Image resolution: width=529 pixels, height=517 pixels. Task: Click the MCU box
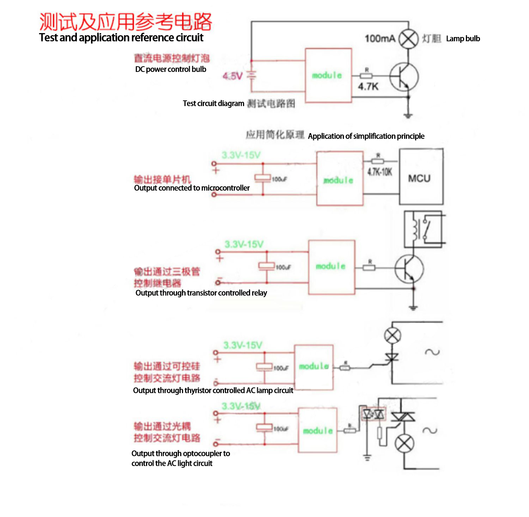tap(421, 177)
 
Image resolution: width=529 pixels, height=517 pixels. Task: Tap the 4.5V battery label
tap(232, 76)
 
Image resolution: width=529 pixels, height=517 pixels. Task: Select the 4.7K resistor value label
tap(368, 86)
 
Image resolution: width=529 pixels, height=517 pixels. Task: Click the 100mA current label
tap(379, 38)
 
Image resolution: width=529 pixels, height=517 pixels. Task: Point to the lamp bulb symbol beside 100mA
tap(408, 39)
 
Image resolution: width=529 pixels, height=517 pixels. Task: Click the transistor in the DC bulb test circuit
tap(404, 77)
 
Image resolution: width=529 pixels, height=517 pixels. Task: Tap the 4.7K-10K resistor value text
tap(379, 172)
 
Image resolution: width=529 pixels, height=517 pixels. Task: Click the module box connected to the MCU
tap(340, 179)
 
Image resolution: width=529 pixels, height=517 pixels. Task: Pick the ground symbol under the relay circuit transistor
tap(413, 307)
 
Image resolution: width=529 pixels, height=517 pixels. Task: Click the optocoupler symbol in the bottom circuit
tap(373, 414)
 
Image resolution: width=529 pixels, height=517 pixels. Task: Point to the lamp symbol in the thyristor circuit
tap(392, 335)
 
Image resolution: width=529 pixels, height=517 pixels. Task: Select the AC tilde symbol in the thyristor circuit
tap(432, 352)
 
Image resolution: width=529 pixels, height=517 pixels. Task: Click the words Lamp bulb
tap(463, 39)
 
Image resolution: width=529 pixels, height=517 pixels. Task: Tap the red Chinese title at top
tap(126, 21)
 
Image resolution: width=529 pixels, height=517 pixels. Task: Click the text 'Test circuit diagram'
tap(213, 104)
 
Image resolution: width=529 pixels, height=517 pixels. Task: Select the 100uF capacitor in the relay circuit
tap(267, 266)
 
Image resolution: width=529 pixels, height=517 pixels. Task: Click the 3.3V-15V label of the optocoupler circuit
tap(241, 406)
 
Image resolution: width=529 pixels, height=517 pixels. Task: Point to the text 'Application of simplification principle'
tap(366, 136)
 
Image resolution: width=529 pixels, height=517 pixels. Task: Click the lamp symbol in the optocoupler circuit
tap(404, 443)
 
